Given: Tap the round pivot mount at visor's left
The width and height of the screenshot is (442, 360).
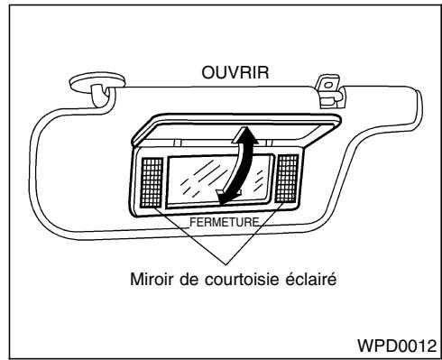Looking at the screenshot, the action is coord(86,86).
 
